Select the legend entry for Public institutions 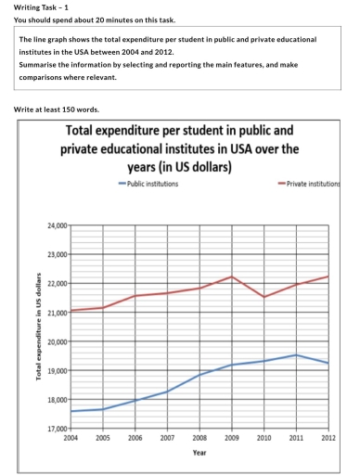coord(149,184)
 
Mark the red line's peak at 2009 coord(231,276)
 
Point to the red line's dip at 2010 coord(264,297)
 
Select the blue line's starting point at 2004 coord(71,411)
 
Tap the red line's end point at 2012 coord(328,276)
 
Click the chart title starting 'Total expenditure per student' coord(179,150)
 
